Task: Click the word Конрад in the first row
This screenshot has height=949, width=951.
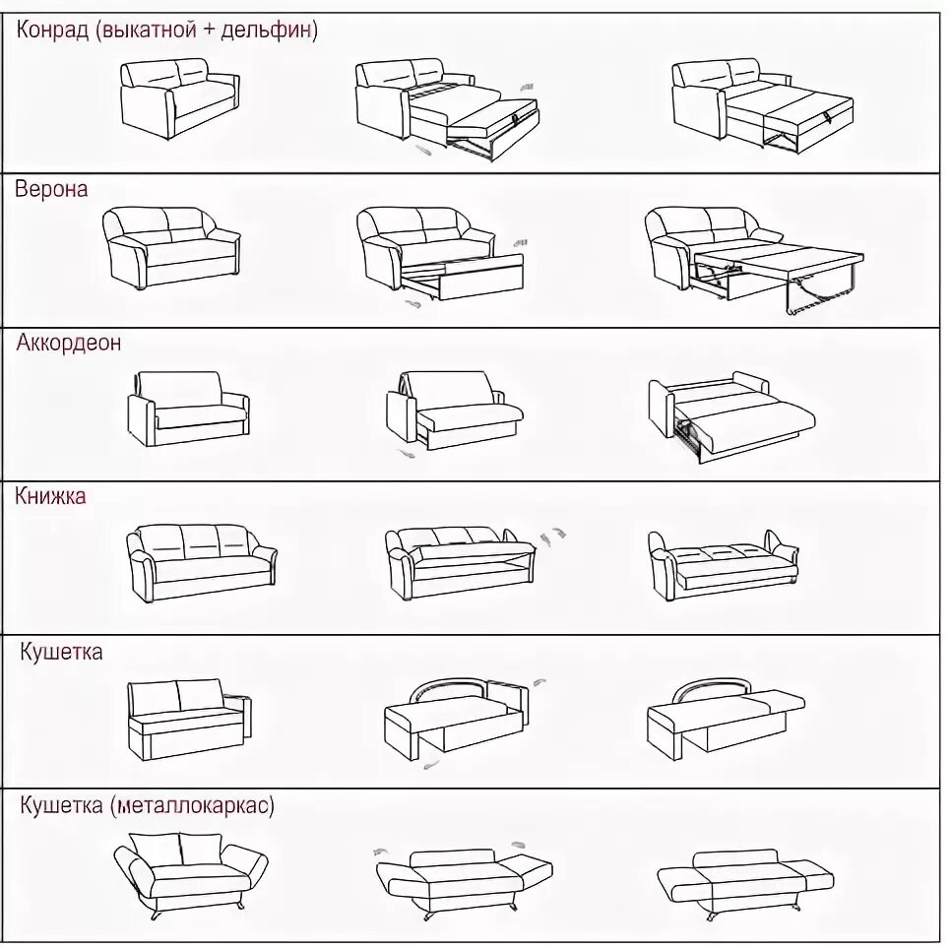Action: click(x=51, y=31)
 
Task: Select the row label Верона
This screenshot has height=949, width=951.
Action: click(x=51, y=189)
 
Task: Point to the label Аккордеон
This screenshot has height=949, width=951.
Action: click(x=69, y=343)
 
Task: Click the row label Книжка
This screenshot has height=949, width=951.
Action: click(x=50, y=496)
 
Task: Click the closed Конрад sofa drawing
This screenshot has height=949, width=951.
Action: click(x=178, y=98)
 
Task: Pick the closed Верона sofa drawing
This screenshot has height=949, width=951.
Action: click(x=171, y=246)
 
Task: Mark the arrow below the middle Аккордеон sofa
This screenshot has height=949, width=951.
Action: click(x=405, y=454)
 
